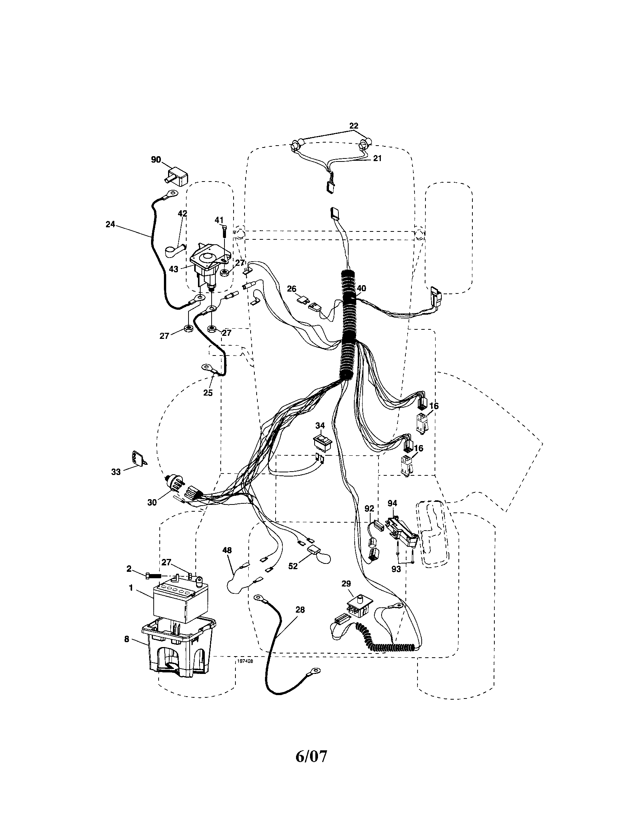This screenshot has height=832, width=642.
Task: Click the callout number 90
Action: (x=156, y=159)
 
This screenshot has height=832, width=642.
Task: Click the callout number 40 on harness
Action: (x=361, y=288)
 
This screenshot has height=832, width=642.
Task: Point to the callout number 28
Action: (x=300, y=610)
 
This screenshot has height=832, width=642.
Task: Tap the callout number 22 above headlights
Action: (x=354, y=125)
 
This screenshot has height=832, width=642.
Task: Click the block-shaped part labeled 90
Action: (x=176, y=177)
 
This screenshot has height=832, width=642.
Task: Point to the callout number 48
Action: (x=227, y=550)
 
